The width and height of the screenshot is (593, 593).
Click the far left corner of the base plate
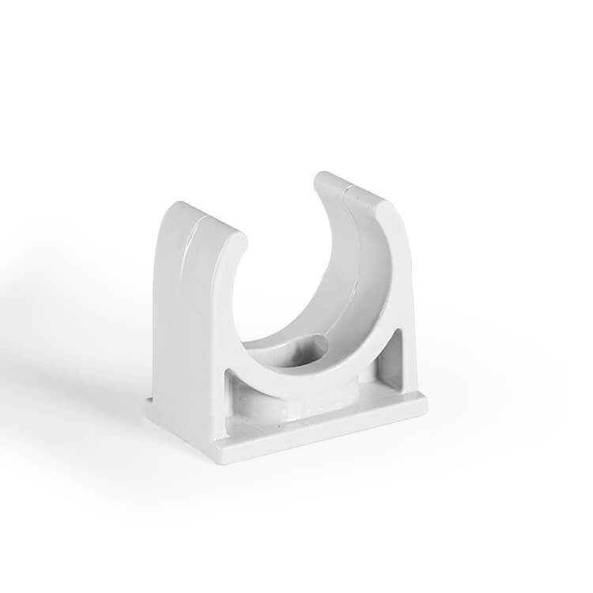tap(149, 405)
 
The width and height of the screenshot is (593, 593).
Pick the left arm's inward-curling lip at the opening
tap(237, 237)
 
